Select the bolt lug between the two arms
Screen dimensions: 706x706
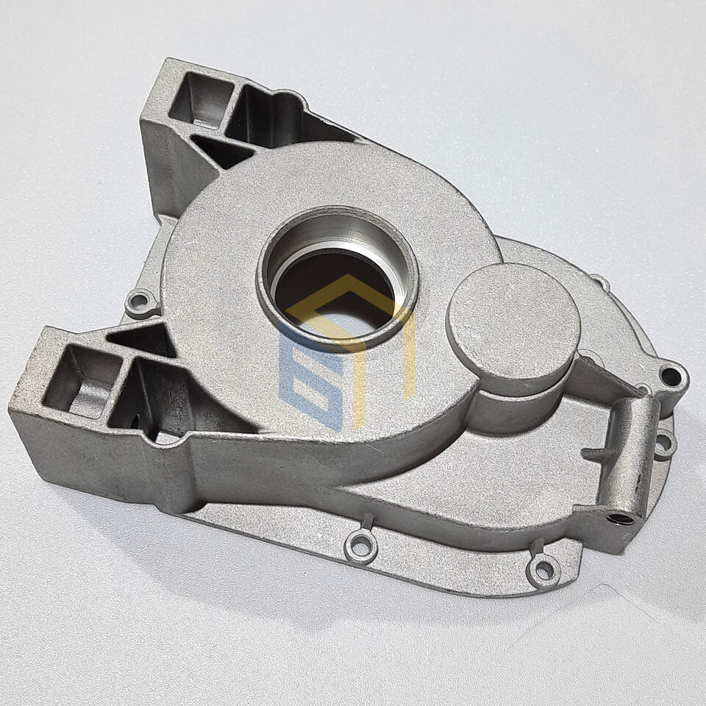[x=140, y=301]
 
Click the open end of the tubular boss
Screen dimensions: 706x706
[x=621, y=518]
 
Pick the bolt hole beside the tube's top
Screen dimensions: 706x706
[x=671, y=376]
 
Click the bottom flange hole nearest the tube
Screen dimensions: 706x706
[x=544, y=569]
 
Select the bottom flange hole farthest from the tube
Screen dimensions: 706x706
[x=360, y=545]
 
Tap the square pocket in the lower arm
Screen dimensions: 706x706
[x=81, y=378]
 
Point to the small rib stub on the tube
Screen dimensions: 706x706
[x=597, y=452]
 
